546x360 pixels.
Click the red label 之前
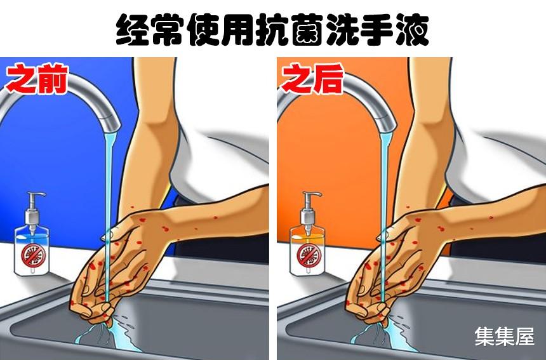point(36,80)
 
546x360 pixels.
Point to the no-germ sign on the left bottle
point(30,256)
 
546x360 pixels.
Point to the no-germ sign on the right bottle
point(307,256)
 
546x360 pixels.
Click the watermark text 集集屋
point(505,336)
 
